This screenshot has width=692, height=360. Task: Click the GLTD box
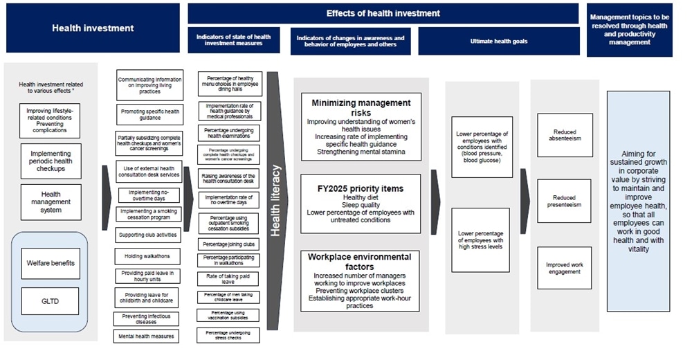tap(51, 301)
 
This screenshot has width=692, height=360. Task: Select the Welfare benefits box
tap(51, 262)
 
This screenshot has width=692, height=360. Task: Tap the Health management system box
tap(51, 202)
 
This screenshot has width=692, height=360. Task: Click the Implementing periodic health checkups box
tap(51, 161)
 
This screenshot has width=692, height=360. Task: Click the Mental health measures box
tap(147, 336)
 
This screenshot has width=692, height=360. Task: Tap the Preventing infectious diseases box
tap(147, 318)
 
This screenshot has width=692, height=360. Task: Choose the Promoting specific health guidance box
tap(150, 114)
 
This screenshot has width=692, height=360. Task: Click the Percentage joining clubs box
tap(228, 244)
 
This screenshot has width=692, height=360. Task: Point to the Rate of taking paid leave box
tap(228, 278)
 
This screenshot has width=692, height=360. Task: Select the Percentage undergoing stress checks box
tap(228, 336)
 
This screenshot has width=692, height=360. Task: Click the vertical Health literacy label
tap(276, 201)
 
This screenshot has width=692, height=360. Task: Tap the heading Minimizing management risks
tap(361, 107)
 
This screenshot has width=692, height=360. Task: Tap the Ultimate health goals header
tap(498, 42)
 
